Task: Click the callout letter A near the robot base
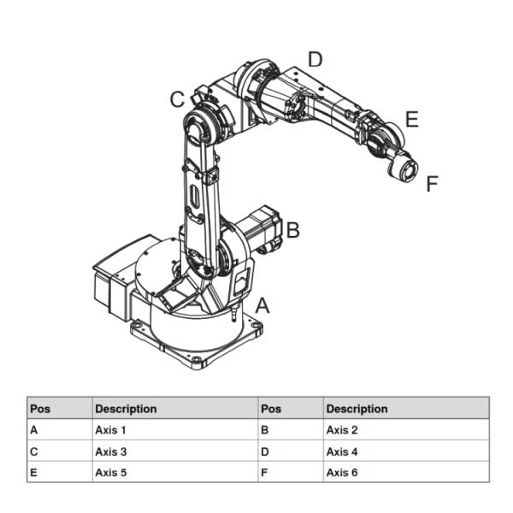[x=263, y=305]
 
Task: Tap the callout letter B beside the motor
[x=292, y=230]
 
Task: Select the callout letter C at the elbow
[x=176, y=100]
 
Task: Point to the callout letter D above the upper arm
[x=315, y=59]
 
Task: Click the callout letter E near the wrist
[x=411, y=120]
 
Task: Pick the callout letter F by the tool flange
[x=432, y=183]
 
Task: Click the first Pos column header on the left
[x=40, y=409]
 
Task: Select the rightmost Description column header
[x=357, y=409]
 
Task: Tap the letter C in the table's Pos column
[x=34, y=451]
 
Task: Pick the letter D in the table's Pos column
[x=265, y=451]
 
